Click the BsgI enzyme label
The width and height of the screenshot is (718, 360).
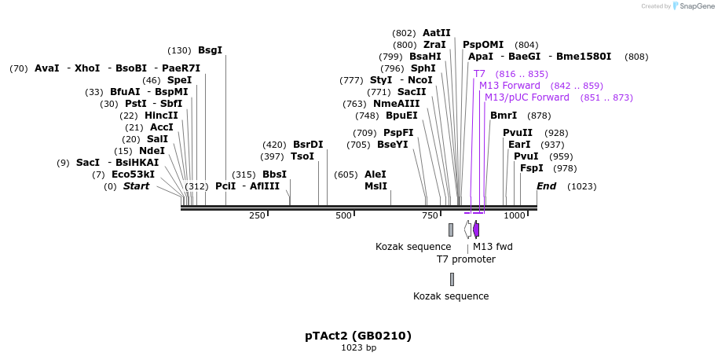click(x=210, y=50)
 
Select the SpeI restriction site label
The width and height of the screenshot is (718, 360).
click(x=179, y=80)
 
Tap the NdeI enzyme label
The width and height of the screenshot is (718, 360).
click(x=152, y=151)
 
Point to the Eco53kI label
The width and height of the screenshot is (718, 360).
click(x=133, y=174)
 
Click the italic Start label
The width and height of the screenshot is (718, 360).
click(x=136, y=186)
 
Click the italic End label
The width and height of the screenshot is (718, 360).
click(x=546, y=186)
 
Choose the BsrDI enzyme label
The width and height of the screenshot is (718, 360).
click(x=308, y=145)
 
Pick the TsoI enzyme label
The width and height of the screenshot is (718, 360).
click(x=302, y=156)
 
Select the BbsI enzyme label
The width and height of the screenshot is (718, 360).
click(x=274, y=174)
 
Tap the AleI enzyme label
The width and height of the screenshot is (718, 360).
click(x=375, y=174)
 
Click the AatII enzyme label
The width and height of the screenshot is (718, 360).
click(x=437, y=33)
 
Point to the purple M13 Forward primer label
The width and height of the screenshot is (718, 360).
click(x=510, y=86)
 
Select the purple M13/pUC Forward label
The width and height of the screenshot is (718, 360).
click(x=526, y=97)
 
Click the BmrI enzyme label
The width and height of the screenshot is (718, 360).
click(x=504, y=116)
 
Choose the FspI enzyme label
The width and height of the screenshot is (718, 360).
click(x=532, y=168)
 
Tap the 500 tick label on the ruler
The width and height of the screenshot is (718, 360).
click(x=344, y=216)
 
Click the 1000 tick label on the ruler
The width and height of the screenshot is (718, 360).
click(x=515, y=216)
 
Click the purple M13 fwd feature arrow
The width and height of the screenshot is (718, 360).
click(x=476, y=230)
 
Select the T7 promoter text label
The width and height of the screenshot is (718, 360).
click(x=466, y=259)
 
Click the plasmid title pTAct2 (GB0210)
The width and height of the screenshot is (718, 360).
click(x=358, y=336)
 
